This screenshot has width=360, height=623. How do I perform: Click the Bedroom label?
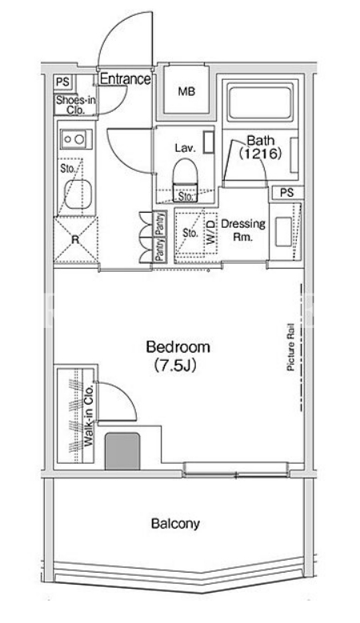point(178,347)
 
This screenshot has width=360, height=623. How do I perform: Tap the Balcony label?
point(175,523)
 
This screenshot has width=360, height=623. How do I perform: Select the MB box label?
point(186,91)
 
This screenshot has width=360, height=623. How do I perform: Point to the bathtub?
point(260,102)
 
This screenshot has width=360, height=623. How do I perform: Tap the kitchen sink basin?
point(78,194)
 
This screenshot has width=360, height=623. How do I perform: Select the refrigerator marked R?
point(75,240)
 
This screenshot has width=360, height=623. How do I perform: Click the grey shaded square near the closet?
point(122,451)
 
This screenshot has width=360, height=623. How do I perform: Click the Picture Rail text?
point(290,347)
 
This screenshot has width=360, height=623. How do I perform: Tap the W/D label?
point(210,233)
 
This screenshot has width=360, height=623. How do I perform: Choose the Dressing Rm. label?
point(243,230)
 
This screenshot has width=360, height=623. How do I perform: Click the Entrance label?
point(125,79)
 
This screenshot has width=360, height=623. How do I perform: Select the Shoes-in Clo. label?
point(75,105)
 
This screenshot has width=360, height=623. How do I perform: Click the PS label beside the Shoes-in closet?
point(62,82)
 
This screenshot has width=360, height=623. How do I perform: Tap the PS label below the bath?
point(286,193)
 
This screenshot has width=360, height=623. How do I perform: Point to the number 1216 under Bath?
point(260,153)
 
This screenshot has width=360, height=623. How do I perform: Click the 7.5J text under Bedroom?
point(175,365)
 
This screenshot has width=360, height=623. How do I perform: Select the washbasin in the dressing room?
point(284,232)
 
